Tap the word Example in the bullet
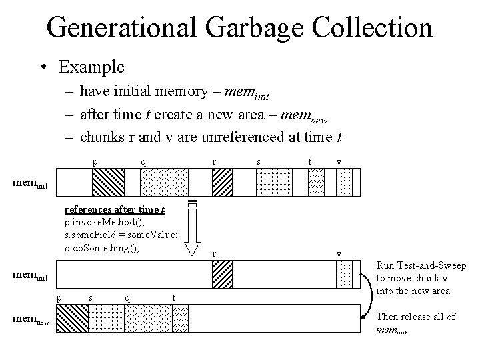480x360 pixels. (91, 67)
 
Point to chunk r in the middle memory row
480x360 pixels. (222, 274)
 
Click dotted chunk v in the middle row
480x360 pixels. (344, 274)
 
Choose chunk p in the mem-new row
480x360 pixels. (73, 317)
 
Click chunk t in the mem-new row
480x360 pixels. (181, 317)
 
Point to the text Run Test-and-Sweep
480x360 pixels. (421, 265)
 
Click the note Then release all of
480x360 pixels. (416, 317)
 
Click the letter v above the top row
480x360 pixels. (339, 161)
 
